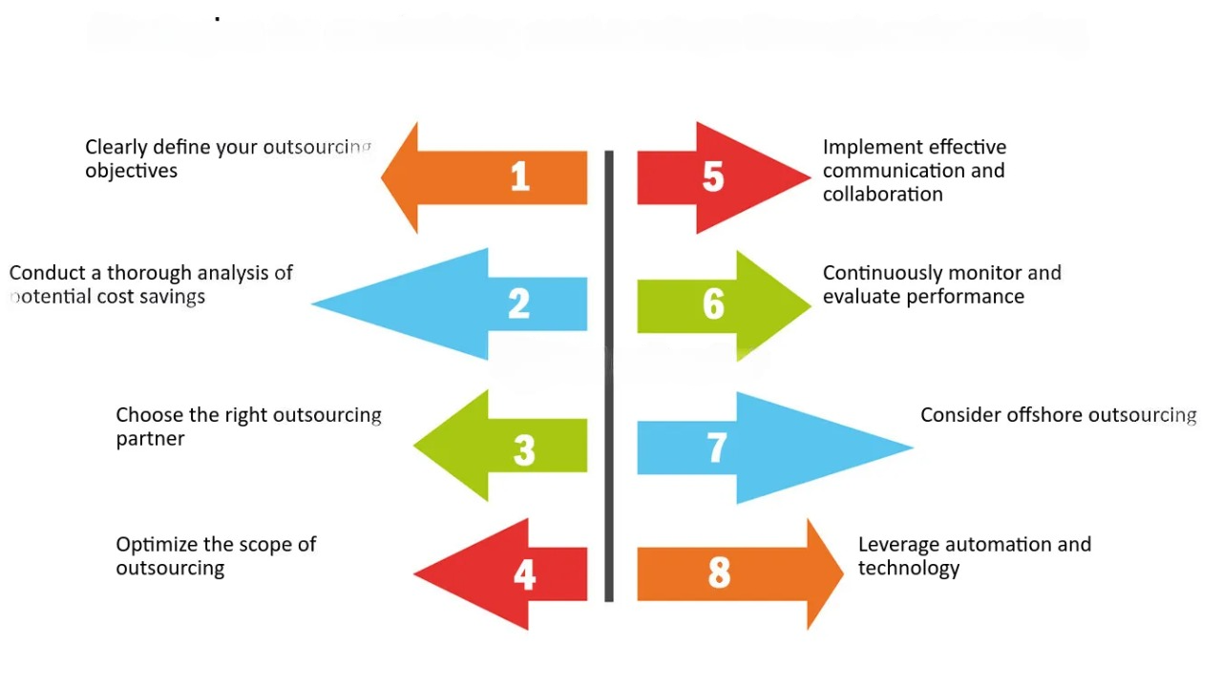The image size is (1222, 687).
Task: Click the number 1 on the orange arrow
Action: (519, 177)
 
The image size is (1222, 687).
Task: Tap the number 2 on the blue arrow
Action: (518, 304)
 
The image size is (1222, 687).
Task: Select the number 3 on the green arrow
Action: (524, 449)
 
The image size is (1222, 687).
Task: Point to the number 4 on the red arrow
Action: (524, 575)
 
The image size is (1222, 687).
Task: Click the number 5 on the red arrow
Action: (713, 177)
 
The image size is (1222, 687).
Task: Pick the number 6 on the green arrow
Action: (713, 304)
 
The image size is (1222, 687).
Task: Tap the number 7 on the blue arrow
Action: (717, 448)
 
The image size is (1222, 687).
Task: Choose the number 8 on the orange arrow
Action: (719, 573)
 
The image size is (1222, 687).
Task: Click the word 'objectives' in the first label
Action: (131, 171)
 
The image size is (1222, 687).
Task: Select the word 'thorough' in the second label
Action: (150, 273)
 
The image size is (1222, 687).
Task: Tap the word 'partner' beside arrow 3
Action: (150, 439)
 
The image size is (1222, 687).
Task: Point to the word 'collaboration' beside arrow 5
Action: (882, 194)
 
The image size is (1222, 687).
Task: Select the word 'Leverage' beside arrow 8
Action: (899, 545)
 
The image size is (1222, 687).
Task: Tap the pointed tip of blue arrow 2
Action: (316, 304)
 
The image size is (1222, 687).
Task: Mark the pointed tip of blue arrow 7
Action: (910, 447)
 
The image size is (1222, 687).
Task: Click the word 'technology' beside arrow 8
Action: (908, 569)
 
